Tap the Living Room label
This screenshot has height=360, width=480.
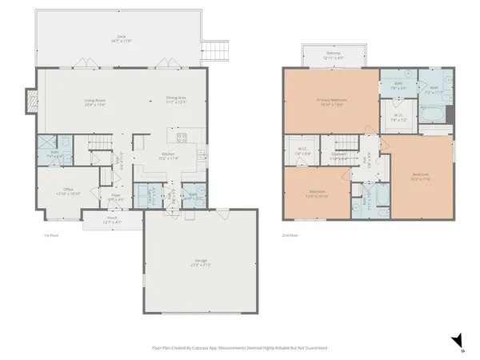point(95,102)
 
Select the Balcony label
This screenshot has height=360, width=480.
point(333,56)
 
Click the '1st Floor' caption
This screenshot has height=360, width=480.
point(52,235)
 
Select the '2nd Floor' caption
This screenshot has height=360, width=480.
point(290,235)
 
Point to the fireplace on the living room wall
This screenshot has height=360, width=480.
point(32,100)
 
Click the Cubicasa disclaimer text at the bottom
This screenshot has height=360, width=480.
point(240,348)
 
